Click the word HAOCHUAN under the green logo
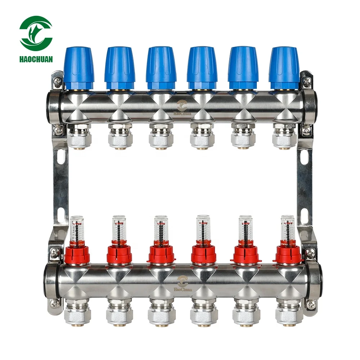[36, 59]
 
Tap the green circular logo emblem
[36, 33]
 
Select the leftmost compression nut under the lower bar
[76, 312]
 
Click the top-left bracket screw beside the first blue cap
[57, 82]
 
